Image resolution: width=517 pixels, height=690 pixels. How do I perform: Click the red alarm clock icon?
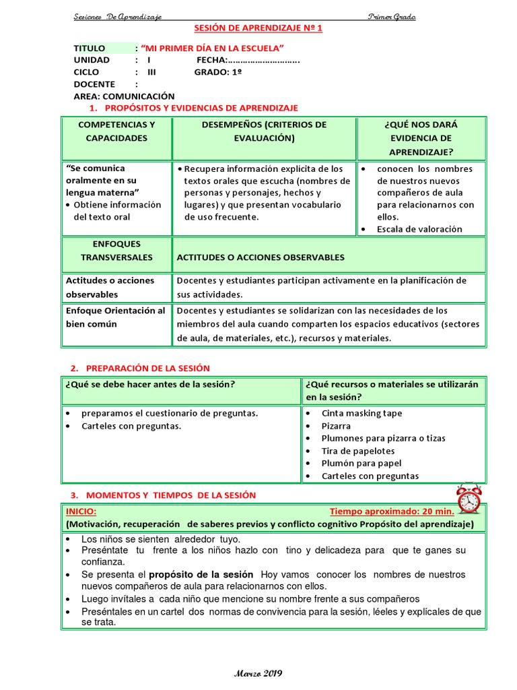468,499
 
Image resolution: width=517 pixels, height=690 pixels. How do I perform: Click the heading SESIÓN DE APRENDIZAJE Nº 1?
258,28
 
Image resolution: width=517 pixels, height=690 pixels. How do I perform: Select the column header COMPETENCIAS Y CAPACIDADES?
116,131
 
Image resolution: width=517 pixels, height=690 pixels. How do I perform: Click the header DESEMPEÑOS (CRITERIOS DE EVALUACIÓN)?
264,131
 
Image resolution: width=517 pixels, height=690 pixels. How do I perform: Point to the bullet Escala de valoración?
419,229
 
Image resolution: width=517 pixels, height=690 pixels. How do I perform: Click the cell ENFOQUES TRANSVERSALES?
116,251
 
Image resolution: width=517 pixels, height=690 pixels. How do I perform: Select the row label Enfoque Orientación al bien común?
115,317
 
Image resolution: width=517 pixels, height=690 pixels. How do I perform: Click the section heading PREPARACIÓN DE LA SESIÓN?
148,368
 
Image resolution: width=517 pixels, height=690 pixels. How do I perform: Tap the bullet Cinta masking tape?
361,413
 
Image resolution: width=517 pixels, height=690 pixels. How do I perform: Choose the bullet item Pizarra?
336,426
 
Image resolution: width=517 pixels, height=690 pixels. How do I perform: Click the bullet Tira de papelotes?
357,451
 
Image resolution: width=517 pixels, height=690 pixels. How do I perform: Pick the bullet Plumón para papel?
361,463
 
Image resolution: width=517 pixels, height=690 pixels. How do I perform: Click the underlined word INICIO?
81,511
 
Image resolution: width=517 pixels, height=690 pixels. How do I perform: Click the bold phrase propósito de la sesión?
201,575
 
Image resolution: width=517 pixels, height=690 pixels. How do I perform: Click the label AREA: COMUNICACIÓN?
124,96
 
